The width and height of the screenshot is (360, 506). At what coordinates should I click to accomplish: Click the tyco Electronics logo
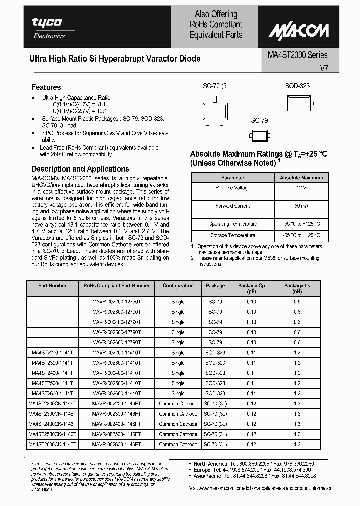coord(47,28)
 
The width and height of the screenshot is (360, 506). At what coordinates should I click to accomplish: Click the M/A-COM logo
coord(299,31)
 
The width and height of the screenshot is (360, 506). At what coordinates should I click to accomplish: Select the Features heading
coord(46,87)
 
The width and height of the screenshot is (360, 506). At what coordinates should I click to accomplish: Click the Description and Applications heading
coord(80,169)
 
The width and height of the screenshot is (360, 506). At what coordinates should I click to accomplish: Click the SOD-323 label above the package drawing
coord(297,86)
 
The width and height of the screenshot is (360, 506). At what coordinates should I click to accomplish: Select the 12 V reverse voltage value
coord(301,188)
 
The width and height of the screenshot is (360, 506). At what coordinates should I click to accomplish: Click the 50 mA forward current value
coord(301,206)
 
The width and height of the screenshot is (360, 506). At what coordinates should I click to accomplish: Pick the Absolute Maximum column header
coord(301,177)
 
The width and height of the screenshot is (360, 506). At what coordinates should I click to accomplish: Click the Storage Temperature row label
coord(232,235)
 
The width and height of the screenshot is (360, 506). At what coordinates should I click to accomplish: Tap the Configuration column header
coord(178,286)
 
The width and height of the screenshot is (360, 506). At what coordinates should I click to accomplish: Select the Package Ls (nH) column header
coord(297,288)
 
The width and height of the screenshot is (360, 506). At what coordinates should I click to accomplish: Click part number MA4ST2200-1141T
coord(52,353)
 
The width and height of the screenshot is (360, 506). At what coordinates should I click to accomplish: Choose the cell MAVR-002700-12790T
coord(116,302)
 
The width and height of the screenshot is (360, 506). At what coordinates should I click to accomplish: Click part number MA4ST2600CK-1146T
coord(52,444)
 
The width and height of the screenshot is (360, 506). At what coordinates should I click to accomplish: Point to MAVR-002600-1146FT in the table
coord(116,444)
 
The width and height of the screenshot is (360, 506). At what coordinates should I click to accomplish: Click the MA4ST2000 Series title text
coord(294,55)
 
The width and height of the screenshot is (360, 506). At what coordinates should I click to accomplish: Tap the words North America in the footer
coord(210,464)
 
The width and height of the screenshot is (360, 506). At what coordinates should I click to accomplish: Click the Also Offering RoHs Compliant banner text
coord(216,24)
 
